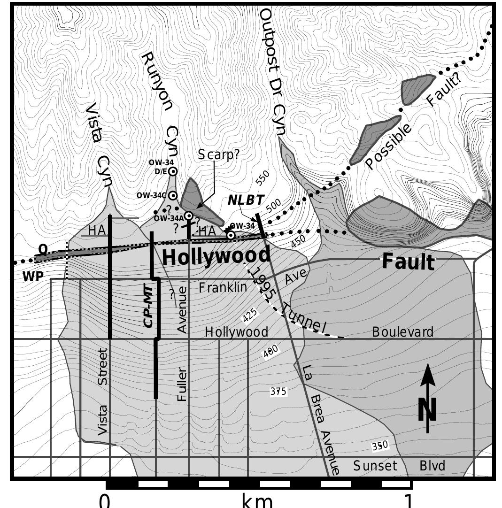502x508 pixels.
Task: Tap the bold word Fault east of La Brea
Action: [x=408, y=262]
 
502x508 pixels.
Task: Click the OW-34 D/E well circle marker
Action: [x=173, y=171]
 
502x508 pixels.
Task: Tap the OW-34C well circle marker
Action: [x=173, y=195]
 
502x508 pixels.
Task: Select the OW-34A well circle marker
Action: [x=188, y=216]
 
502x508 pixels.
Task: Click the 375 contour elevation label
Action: [x=278, y=391]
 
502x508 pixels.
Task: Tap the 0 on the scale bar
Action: [x=106, y=500]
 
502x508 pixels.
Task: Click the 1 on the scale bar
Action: [x=409, y=500]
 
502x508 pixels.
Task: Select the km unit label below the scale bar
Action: [x=256, y=500]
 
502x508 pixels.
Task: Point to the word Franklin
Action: [x=223, y=287]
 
